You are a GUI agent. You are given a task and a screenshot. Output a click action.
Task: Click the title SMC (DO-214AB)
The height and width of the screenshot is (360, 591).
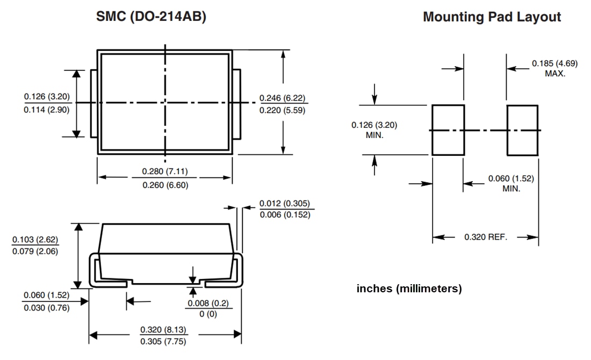[x=150, y=17]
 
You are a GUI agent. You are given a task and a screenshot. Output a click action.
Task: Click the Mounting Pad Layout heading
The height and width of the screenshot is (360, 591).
[x=492, y=17]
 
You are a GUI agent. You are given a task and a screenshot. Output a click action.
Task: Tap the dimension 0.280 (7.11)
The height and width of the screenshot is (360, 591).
[x=164, y=172]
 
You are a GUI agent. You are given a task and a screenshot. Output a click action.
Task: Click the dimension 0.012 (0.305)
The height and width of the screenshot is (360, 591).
[x=284, y=204]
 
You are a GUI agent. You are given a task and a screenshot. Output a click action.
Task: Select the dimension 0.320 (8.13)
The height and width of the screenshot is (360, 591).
[x=164, y=329]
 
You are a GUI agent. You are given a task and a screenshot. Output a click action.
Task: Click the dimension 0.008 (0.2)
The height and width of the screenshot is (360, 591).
[x=207, y=304]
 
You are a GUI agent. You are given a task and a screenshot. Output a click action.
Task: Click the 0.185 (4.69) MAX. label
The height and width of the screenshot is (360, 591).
[x=555, y=68]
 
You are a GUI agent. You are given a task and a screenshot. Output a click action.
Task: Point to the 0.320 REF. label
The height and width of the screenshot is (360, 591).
[x=486, y=237]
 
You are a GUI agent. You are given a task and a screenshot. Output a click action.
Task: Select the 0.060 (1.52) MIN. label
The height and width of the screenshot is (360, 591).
[x=511, y=183]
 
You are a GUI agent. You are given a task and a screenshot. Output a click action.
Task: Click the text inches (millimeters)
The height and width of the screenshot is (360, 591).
[x=409, y=289]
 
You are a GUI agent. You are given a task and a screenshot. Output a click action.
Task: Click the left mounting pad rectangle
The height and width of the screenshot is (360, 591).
[x=448, y=130]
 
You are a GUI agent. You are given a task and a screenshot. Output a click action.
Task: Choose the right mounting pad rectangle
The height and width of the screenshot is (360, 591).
[x=522, y=130]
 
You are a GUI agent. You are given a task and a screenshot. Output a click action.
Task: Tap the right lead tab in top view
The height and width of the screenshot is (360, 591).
[x=236, y=103]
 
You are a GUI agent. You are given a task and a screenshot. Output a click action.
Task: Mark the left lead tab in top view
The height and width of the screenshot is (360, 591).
[x=93, y=103]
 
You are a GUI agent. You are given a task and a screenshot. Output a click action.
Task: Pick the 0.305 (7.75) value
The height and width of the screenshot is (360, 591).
[x=164, y=341]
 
